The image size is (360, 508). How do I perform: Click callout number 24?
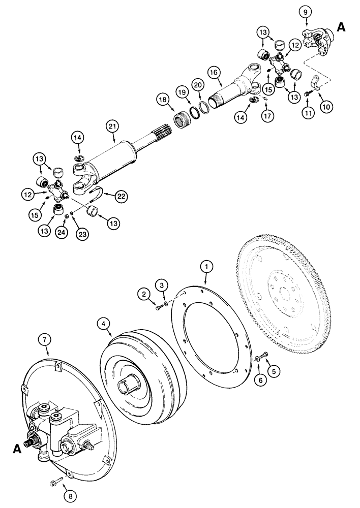click(61, 233)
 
